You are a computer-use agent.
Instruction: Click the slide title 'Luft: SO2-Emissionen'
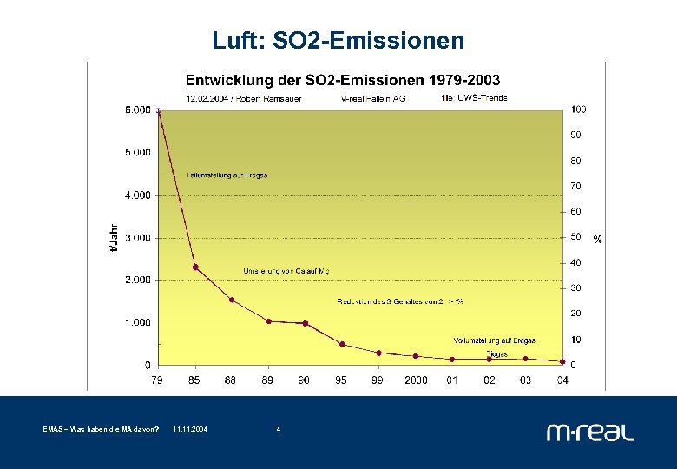pyautogui.click(x=338, y=41)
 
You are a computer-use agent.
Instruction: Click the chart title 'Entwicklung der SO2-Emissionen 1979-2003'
pyautogui.click(x=342, y=81)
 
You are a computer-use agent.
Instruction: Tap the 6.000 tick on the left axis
pyautogui.click(x=136, y=109)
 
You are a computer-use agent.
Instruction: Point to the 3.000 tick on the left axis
pyautogui.click(x=136, y=237)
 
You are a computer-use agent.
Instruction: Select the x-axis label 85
pyautogui.click(x=195, y=380)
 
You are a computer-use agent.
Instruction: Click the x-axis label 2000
pyautogui.click(x=416, y=380)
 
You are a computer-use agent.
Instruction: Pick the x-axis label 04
pyautogui.click(x=562, y=380)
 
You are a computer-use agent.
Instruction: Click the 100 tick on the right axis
pyautogui.click(x=578, y=109)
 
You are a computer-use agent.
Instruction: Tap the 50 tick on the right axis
pyautogui.click(x=575, y=237)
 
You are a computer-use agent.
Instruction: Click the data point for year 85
pyautogui.click(x=195, y=267)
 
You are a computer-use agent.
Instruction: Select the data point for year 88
pyautogui.click(x=232, y=300)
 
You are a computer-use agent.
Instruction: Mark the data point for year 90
pyautogui.click(x=305, y=323)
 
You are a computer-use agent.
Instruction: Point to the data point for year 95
pyautogui.click(x=342, y=344)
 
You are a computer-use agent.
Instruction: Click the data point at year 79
pyautogui.click(x=158, y=110)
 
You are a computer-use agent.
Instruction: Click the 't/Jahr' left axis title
pyautogui.click(x=113, y=237)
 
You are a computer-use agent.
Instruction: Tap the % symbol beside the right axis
pyautogui.click(x=597, y=239)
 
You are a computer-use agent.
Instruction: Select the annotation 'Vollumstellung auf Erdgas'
pyautogui.click(x=494, y=340)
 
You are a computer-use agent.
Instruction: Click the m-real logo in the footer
pyautogui.click(x=590, y=432)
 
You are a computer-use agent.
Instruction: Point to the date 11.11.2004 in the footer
pyautogui.click(x=190, y=429)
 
